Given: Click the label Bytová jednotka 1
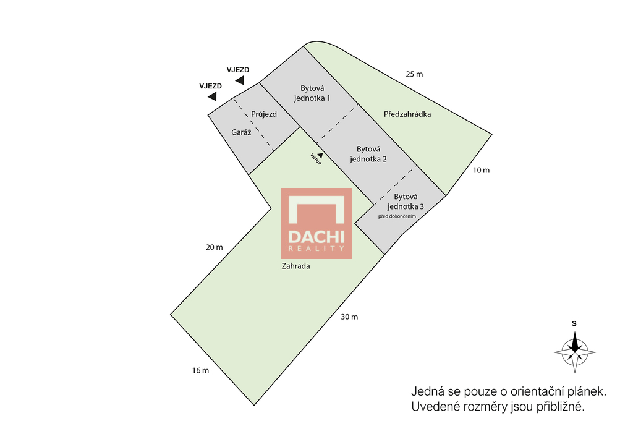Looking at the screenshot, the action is click(x=312, y=93).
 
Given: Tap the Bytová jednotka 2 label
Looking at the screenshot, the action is click(x=368, y=154).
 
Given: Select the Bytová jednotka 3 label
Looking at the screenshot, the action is click(x=406, y=201).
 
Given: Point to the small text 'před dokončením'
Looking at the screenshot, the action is click(x=397, y=216).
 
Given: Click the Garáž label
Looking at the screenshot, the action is click(x=241, y=132).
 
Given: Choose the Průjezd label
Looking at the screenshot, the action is click(x=264, y=114).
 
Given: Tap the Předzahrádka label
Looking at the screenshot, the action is click(x=407, y=114).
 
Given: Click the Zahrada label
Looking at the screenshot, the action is click(x=296, y=266).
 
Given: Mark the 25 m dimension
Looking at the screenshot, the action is click(x=414, y=74).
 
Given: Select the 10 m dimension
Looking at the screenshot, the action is click(x=481, y=170).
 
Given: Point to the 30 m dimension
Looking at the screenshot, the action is click(x=349, y=317).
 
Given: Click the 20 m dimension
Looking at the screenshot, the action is click(x=214, y=247).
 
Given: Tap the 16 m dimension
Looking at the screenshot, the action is click(x=201, y=370).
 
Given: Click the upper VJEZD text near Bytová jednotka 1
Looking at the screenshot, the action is click(x=238, y=70).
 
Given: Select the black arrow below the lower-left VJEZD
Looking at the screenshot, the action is click(x=213, y=96).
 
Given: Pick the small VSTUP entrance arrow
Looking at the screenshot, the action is click(x=320, y=155).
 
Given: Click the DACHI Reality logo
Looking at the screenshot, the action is click(x=316, y=223).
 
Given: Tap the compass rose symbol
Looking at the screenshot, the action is click(x=574, y=352).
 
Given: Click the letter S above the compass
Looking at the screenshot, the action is click(x=574, y=323).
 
